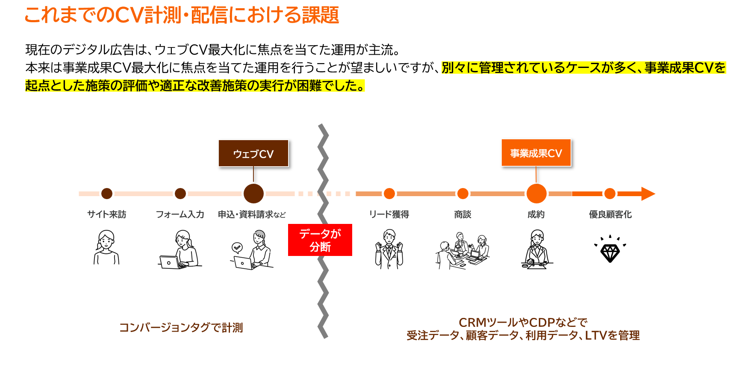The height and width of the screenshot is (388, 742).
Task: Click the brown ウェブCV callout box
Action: [x=253, y=153]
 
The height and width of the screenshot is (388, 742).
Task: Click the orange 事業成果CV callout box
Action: [x=536, y=153]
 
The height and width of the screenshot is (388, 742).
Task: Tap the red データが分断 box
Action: [x=320, y=240]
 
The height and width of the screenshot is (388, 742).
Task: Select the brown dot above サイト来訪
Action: [x=107, y=194]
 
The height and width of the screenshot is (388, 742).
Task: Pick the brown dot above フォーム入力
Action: [x=180, y=194]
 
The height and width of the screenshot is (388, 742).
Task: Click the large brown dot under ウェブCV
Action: [x=253, y=194]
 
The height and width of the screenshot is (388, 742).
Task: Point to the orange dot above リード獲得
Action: [x=389, y=194]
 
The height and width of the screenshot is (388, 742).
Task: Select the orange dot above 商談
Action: [x=462, y=194]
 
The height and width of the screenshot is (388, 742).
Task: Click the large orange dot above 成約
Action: [x=536, y=194]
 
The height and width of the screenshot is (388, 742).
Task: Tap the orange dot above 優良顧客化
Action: [x=610, y=194]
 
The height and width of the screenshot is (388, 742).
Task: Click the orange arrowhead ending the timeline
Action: [x=647, y=194]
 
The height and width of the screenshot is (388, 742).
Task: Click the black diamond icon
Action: [x=610, y=253]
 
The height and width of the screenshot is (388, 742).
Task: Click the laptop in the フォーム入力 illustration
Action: [x=170, y=262]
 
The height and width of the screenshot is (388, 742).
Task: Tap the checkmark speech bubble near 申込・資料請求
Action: [x=237, y=247]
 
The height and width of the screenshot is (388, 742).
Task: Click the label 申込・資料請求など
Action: [x=251, y=215]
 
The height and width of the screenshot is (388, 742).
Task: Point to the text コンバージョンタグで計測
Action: [x=181, y=328]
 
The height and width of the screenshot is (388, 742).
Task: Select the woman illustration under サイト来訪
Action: [x=106, y=247]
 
